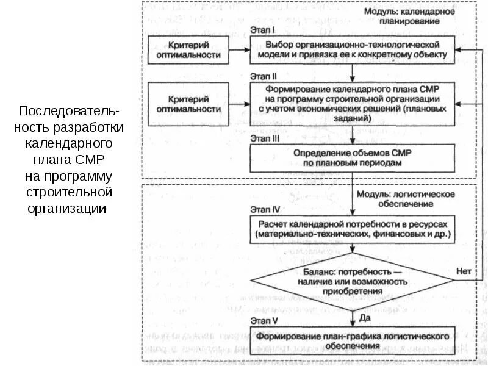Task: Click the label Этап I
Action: tap(264, 29)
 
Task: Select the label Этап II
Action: tap(264, 77)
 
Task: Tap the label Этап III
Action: tap(265, 138)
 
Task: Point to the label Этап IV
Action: tap(265, 209)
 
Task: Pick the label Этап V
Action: tap(264, 320)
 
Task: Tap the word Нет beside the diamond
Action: tap(464, 270)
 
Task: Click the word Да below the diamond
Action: tap(365, 318)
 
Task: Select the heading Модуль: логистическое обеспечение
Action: tap(406, 198)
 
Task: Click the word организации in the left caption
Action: tap(66, 209)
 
